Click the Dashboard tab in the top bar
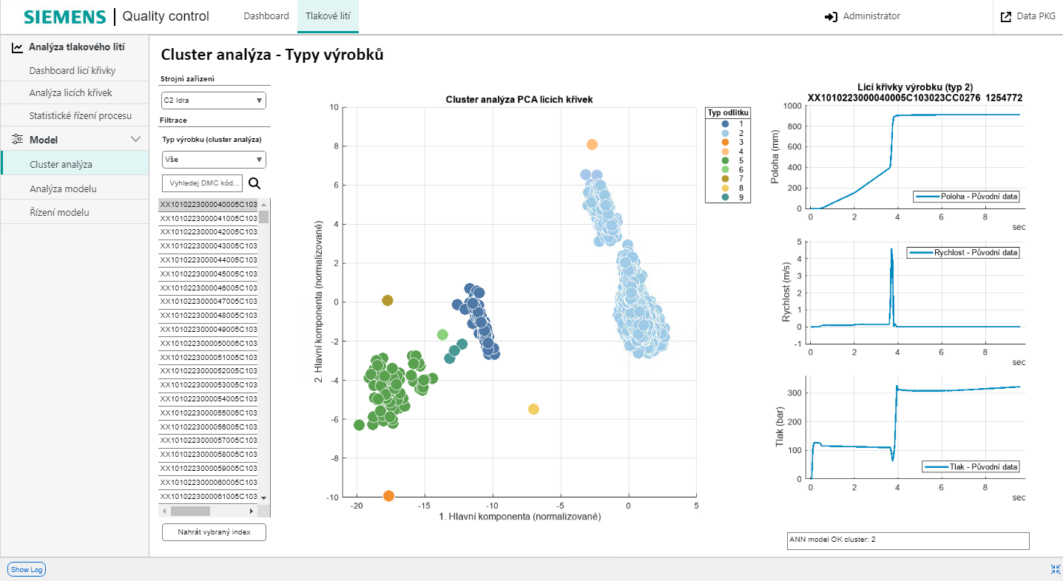(266, 16)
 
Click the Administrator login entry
(863, 16)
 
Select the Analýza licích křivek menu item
(71, 93)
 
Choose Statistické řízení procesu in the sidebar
(80, 116)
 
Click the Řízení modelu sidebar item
(59, 213)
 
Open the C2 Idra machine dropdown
(213, 101)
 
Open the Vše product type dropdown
(213, 160)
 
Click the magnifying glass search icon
(254, 183)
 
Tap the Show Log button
(27, 569)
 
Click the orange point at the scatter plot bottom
(389, 496)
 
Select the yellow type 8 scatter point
(533, 410)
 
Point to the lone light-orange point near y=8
(592, 145)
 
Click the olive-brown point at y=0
(388, 301)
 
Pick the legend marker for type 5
(725, 160)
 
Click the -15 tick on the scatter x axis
(425, 506)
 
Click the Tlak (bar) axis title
(779, 427)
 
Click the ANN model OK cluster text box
(908, 540)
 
